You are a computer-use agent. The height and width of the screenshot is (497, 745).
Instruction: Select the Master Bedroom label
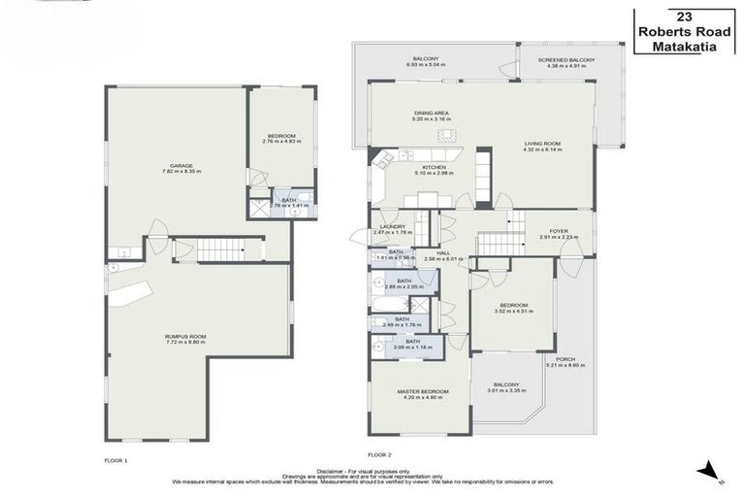pos(420,391)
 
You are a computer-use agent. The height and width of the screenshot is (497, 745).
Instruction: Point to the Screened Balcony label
pos(566,60)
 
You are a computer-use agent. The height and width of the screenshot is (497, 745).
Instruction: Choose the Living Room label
pos(542,143)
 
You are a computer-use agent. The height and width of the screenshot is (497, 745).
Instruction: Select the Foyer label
pos(559,230)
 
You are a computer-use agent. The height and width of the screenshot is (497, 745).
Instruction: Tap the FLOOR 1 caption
pos(115,459)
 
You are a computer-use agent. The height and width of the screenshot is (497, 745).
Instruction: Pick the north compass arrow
pos(712,471)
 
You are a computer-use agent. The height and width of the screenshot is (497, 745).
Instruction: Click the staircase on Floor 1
pos(219,249)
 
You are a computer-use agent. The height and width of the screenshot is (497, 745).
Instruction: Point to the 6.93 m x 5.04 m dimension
pos(425,66)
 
